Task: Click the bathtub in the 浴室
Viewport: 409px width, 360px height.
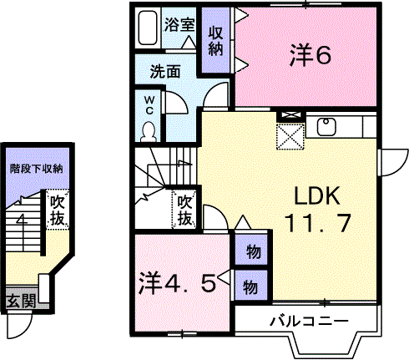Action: point(148,28)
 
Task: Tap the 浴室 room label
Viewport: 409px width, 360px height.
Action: point(179,25)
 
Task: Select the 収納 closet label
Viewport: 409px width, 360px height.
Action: point(216,41)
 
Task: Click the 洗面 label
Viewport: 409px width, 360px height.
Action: point(165,72)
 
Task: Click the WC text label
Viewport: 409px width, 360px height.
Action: point(149,105)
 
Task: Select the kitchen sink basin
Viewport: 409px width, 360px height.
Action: point(326,126)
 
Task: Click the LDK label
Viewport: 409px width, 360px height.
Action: point(317,196)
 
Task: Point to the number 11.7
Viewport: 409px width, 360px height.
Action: point(317,222)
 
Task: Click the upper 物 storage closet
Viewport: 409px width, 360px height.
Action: point(251,249)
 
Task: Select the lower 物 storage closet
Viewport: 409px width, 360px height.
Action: point(251,285)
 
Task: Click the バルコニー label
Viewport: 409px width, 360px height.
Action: point(309,322)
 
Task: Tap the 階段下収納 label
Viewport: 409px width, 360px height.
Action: point(37,169)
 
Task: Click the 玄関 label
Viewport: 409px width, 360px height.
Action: point(22,301)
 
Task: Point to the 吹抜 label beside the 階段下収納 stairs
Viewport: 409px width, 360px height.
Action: point(58,210)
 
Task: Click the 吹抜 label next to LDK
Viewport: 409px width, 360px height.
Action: point(184,210)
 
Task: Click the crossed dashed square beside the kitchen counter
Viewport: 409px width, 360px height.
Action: point(290,137)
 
